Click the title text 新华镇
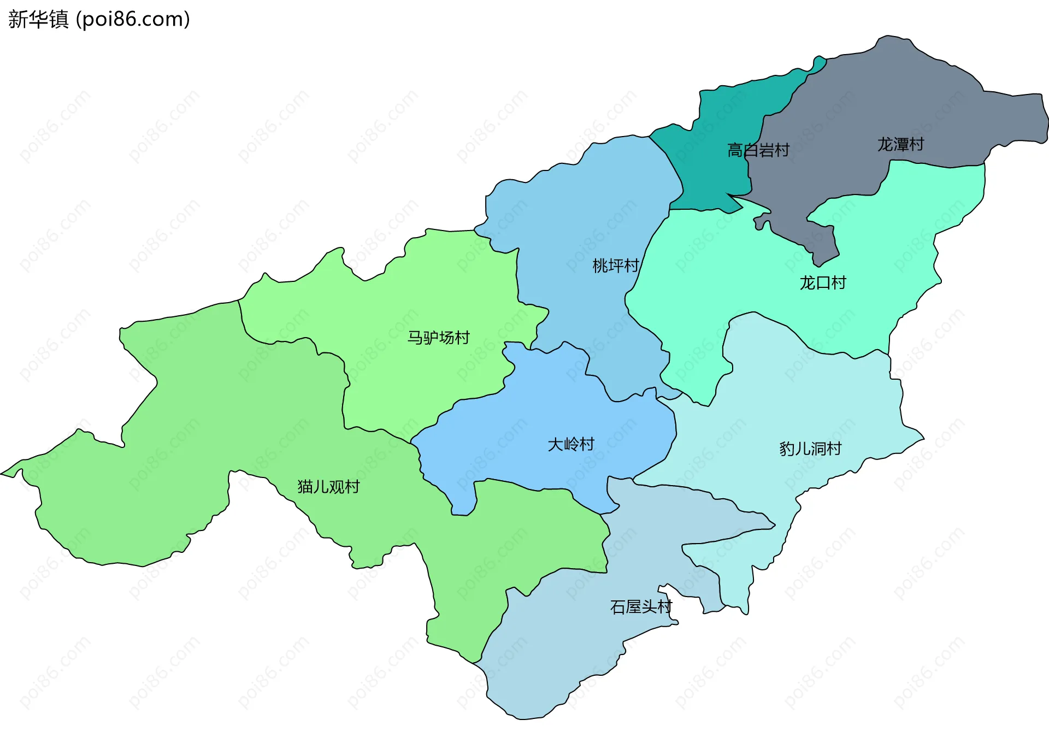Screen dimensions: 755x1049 pos(38,20)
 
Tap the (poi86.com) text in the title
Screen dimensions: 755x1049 pos(133,20)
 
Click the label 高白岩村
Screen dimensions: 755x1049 pos(758,150)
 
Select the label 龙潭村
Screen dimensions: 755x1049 pos(900,145)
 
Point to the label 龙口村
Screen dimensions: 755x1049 pos(823,283)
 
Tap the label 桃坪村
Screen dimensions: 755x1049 pos(616,266)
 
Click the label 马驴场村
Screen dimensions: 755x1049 pos(438,338)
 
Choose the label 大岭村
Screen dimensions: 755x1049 pos(571,444)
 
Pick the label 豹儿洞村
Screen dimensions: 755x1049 pos(810,449)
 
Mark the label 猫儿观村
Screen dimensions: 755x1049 pos(328,487)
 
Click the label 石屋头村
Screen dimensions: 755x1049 pos(641,607)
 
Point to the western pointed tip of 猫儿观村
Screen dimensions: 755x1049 pos(4,473)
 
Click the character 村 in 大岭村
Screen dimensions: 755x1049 pos(587,444)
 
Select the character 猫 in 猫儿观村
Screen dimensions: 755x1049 pos(305,487)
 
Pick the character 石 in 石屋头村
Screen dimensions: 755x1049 pos(618,607)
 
